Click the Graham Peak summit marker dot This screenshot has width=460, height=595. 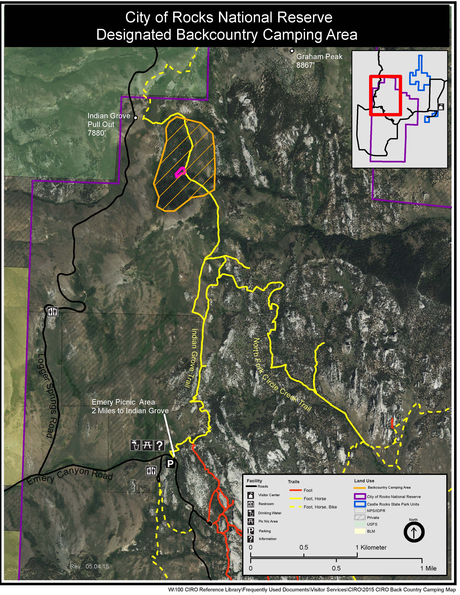[x=292, y=51]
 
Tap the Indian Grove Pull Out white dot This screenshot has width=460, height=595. [x=136, y=118]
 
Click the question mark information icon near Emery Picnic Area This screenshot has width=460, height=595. [x=159, y=445]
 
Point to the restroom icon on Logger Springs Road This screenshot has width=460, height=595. [x=53, y=311]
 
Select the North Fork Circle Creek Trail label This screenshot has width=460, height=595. [x=282, y=375]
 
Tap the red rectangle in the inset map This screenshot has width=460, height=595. [x=385, y=95]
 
